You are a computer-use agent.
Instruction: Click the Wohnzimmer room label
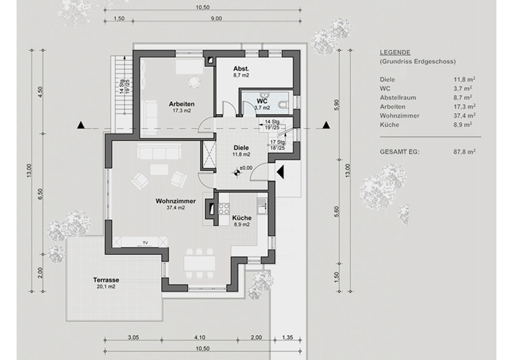tap(175, 201)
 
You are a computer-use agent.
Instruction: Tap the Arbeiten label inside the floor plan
tap(182, 103)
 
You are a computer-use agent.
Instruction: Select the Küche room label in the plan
tap(241, 218)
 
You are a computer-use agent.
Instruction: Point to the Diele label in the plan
tap(241, 147)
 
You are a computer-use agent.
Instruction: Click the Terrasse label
tap(106, 279)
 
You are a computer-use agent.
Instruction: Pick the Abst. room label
tap(241, 69)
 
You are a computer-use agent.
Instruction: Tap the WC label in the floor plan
tap(262, 101)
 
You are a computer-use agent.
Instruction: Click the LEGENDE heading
tap(395, 53)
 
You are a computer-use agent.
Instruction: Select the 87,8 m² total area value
tap(465, 152)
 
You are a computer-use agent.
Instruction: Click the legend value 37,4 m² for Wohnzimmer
tap(465, 115)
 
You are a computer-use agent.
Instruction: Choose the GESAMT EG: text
tap(399, 152)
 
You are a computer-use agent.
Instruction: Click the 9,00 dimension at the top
tap(216, 19)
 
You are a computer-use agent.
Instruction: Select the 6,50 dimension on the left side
tap(40, 194)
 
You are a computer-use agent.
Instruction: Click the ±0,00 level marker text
tap(246, 167)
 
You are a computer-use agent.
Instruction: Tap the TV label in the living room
tap(144, 241)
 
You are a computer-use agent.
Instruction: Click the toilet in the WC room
tap(283, 103)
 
